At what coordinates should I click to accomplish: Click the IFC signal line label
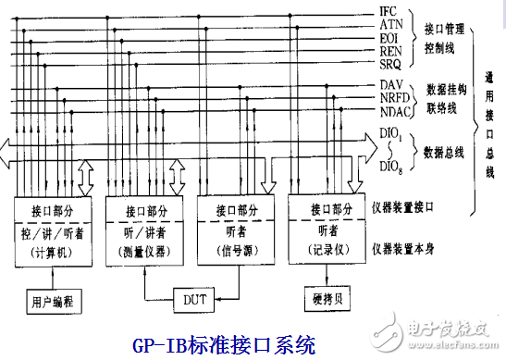tap(389, 12)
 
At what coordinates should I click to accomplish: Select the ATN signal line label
tap(389, 25)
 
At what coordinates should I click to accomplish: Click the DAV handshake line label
tap(389, 85)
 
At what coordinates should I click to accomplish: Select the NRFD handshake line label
tap(393, 98)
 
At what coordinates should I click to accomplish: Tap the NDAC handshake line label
tap(393, 112)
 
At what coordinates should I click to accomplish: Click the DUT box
tap(195, 300)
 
